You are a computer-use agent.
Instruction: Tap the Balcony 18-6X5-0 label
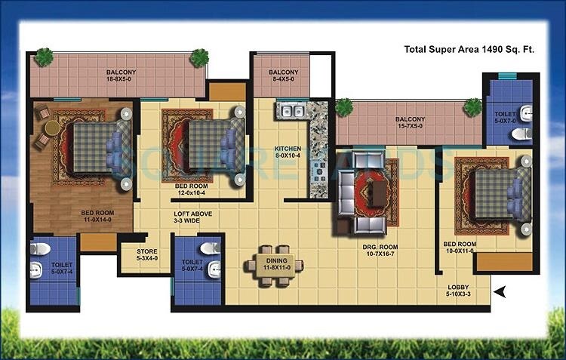point(121,76)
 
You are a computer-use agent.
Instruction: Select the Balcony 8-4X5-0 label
point(284,76)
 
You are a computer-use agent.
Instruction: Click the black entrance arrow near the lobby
point(499,290)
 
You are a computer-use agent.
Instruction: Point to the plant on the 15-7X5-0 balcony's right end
point(473,106)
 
